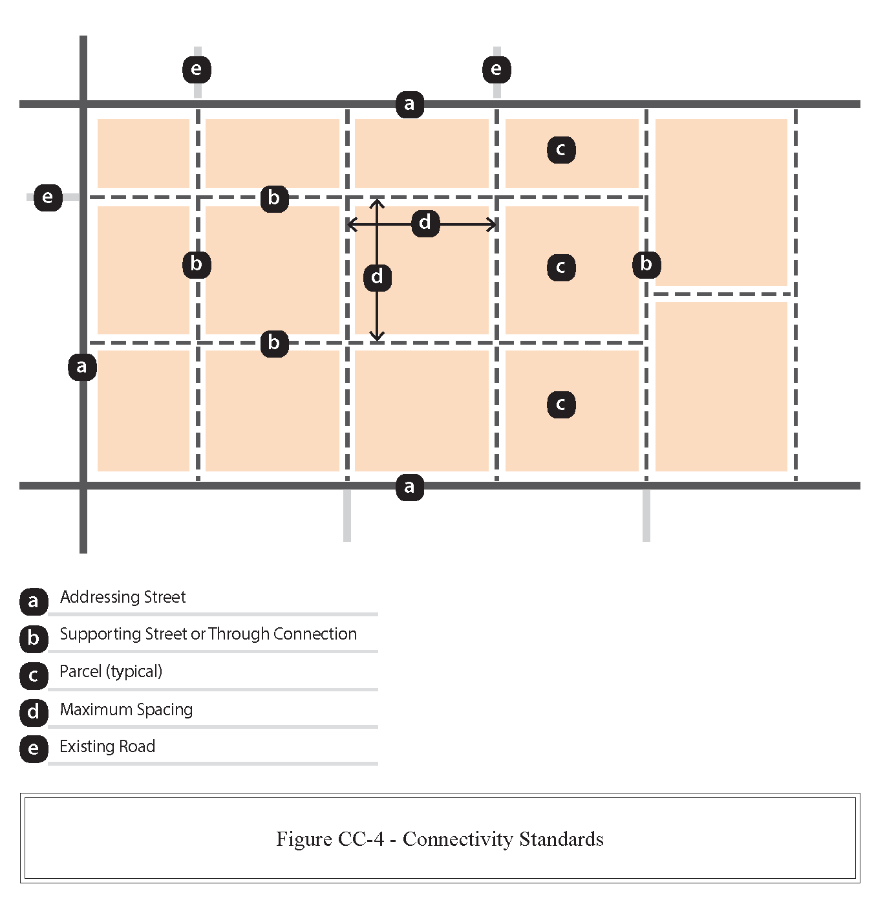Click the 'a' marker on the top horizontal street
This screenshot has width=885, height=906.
pos(410,104)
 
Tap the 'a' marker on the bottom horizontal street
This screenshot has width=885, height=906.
pos(410,486)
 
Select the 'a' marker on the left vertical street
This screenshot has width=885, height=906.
pos(82,367)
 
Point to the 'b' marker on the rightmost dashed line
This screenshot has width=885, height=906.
pos(646,264)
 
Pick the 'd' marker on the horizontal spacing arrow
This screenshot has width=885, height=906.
pos(425,223)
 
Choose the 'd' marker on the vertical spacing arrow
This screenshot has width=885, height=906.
pos(378,277)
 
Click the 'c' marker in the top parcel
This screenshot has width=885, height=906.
pos(561,150)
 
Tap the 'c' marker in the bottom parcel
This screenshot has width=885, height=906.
pos(561,405)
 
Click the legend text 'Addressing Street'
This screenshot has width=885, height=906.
pos(123,597)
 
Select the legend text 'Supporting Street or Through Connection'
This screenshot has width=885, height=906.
pos(208,634)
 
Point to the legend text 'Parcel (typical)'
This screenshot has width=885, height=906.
pos(111,671)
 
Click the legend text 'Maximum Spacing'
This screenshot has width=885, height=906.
pos(126,709)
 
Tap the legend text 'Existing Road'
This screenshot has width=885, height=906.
pos(107,746)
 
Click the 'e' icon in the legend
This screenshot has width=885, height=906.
pos(34,749)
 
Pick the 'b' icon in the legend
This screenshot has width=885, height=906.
pos(34,638)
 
